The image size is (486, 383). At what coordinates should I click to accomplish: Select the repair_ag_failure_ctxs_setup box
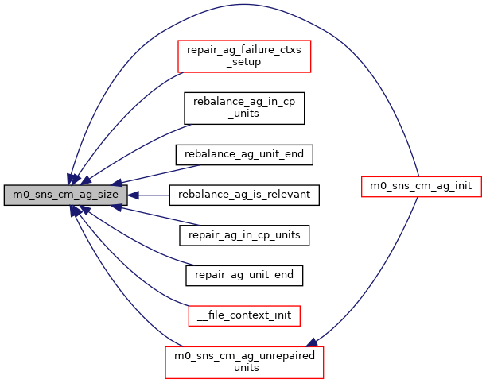point(243,56)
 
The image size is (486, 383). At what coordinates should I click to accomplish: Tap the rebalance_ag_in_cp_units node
point(244,107)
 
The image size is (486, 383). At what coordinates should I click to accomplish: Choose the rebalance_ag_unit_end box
point(244,153)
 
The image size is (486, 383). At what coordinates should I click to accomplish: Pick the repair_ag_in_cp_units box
point(244,235)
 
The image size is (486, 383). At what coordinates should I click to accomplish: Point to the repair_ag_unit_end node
point(244,275)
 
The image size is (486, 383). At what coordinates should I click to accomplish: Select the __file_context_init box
point(244,315)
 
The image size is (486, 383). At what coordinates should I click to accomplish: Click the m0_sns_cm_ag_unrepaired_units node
point(243,362)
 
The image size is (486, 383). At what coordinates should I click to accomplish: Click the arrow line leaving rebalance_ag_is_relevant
point(151,195)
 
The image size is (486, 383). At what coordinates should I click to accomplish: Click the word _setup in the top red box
point(243,62)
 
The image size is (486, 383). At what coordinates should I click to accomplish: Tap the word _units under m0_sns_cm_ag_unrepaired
point(243,368)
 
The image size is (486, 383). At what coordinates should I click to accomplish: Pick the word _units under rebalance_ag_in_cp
point(244,113)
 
